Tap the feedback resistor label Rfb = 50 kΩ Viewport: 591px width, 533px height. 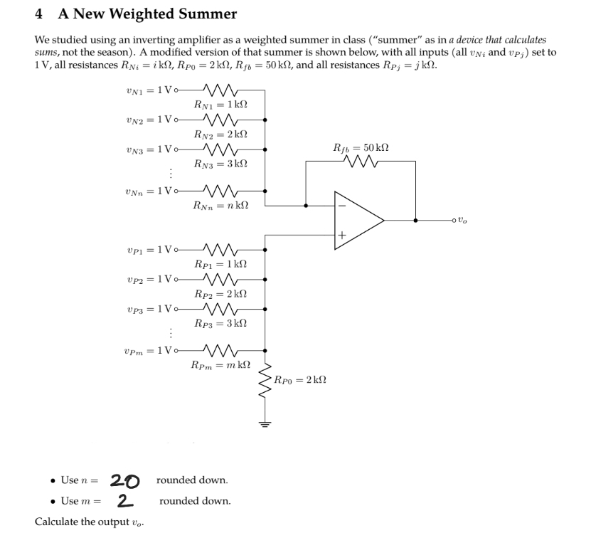coord(361,148)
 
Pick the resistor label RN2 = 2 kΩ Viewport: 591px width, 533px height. coord(220,134)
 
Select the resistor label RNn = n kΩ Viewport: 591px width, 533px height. coord(220,206)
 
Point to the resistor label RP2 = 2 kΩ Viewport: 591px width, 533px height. coord(220,293)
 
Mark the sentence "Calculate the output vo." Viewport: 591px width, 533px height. coord(90,522)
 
